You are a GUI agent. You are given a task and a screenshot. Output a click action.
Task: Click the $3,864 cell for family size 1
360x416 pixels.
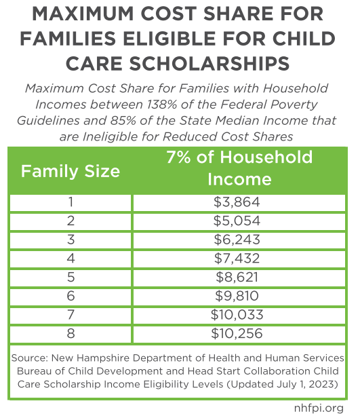click(x=237, y=202)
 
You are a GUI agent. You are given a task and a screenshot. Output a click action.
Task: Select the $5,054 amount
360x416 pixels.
click(x=237, y=221)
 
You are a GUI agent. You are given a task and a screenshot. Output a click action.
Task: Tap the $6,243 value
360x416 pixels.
click(x=237, y=240)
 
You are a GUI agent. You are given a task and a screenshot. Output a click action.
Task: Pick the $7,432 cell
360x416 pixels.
click(x=237, y=259)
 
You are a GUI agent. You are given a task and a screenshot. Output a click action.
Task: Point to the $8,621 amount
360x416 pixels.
click(x=237, y=278)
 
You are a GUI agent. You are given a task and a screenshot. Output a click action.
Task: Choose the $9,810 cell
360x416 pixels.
click(x=237, y=296)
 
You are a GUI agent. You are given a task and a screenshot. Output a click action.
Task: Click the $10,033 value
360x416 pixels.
click(x=237, y=315)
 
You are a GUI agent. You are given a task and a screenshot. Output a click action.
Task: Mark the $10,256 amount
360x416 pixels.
click(x=237, y=334)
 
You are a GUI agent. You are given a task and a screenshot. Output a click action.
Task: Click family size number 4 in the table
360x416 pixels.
click(x=71, y=259)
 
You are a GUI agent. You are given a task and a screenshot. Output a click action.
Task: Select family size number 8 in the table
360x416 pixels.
click(x=71, y=334)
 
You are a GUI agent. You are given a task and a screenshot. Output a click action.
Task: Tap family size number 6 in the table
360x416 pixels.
click(x=71, y=296)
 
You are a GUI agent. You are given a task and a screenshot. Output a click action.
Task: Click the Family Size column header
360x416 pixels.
click(x=71, y=171)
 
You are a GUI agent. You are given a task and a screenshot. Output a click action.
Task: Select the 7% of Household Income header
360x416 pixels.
click(x=239, y=168)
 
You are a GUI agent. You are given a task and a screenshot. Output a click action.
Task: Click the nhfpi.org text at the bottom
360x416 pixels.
click(x=319, y=408)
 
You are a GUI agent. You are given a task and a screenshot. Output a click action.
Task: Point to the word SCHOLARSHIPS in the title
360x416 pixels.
click(x=209, y=64)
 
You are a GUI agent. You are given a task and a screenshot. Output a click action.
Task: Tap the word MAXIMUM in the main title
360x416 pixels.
click(x=83, y=14)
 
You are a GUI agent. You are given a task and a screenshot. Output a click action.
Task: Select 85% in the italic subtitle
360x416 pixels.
click(x=123, y=121)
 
